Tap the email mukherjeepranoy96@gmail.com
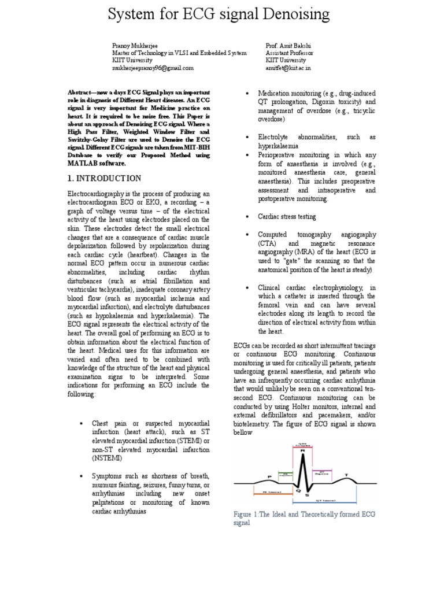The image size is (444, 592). (x=153, y=68)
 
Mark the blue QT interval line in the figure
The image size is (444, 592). (x=330, y=500)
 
